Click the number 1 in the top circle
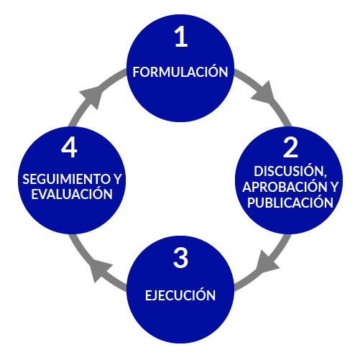pos(181,36)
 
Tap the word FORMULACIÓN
pos(180,71)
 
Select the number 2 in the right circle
pos(290,147)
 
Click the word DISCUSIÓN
pos(289,170)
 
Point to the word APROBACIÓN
pos(285,187)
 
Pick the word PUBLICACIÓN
pos(290,202)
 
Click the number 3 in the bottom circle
pos(180,258)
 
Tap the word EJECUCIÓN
pos(180,295)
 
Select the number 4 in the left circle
pos(69,147)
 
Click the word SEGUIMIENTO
pos(66,179)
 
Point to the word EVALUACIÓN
pos(72,193)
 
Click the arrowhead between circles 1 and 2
pos(264,93)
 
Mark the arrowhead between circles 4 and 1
pos(93,96)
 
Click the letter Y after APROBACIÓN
pos(333,187)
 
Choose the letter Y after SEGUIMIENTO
pos(117,179)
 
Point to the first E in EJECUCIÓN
pos(149,295)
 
